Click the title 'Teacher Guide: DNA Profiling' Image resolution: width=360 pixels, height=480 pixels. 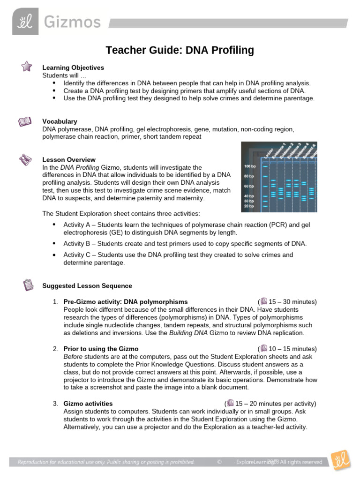click(180, 50)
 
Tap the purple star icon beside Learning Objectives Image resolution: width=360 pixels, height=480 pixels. click(27, 67)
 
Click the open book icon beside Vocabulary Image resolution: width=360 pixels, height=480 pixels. click(25, 122)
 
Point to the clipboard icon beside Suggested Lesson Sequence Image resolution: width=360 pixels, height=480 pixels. click(28, 285)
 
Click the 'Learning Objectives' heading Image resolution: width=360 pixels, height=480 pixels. click(73, 67)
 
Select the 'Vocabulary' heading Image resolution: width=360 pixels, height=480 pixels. click(60, 121)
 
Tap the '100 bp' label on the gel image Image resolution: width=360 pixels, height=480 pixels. click(250, 166)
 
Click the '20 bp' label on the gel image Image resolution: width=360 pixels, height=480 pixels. click(249, 206)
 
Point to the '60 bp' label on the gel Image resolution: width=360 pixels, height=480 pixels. click(249, 186)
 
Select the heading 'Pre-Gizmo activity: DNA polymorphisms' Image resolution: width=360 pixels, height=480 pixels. click(125, 302)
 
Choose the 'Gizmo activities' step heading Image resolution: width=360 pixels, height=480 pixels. click(88, 404)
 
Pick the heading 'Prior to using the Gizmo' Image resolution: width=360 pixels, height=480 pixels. click(101, 349)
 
